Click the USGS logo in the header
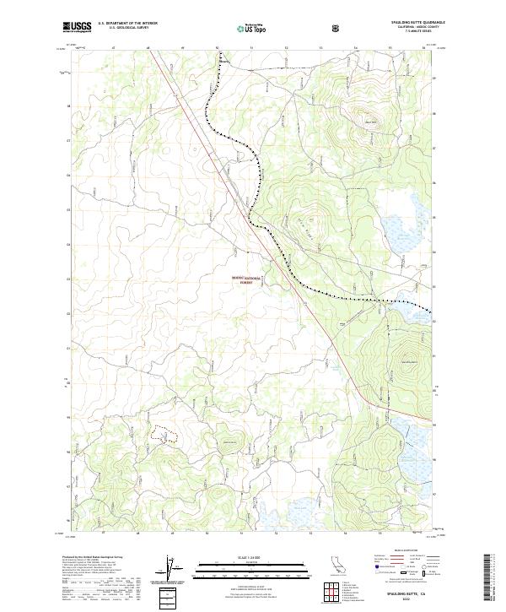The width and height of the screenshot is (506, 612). click(77, 26)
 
